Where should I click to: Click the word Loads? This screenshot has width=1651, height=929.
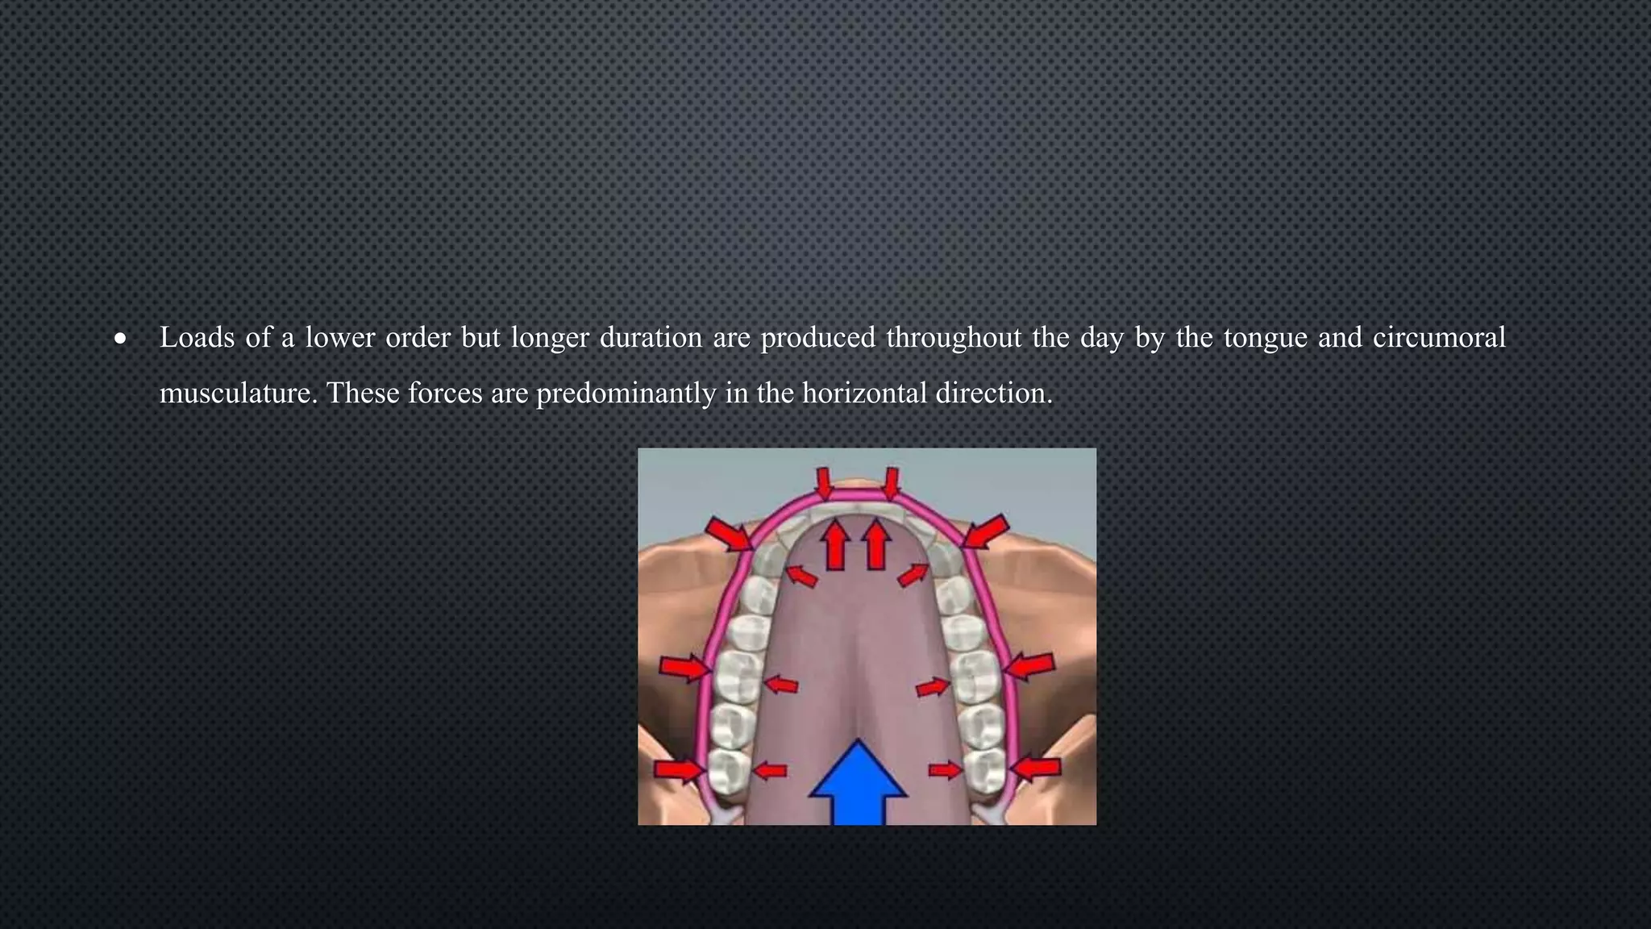tap(197, 337)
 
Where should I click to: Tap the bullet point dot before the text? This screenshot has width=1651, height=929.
tap(120, 339)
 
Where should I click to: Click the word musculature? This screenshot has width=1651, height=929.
tap(239, 394)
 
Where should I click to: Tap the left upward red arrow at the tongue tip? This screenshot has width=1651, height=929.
tap(836, 544)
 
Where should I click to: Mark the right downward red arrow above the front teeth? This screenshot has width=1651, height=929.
tap(891, 484)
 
